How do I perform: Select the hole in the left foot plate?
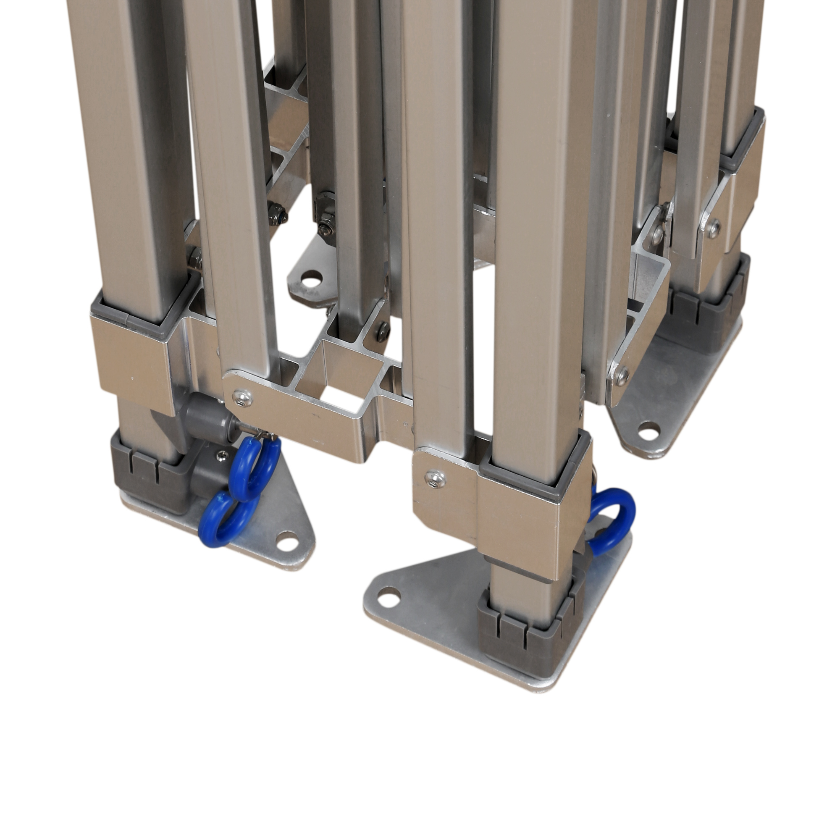click(285, 540)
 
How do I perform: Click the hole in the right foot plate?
click(647, 432)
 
